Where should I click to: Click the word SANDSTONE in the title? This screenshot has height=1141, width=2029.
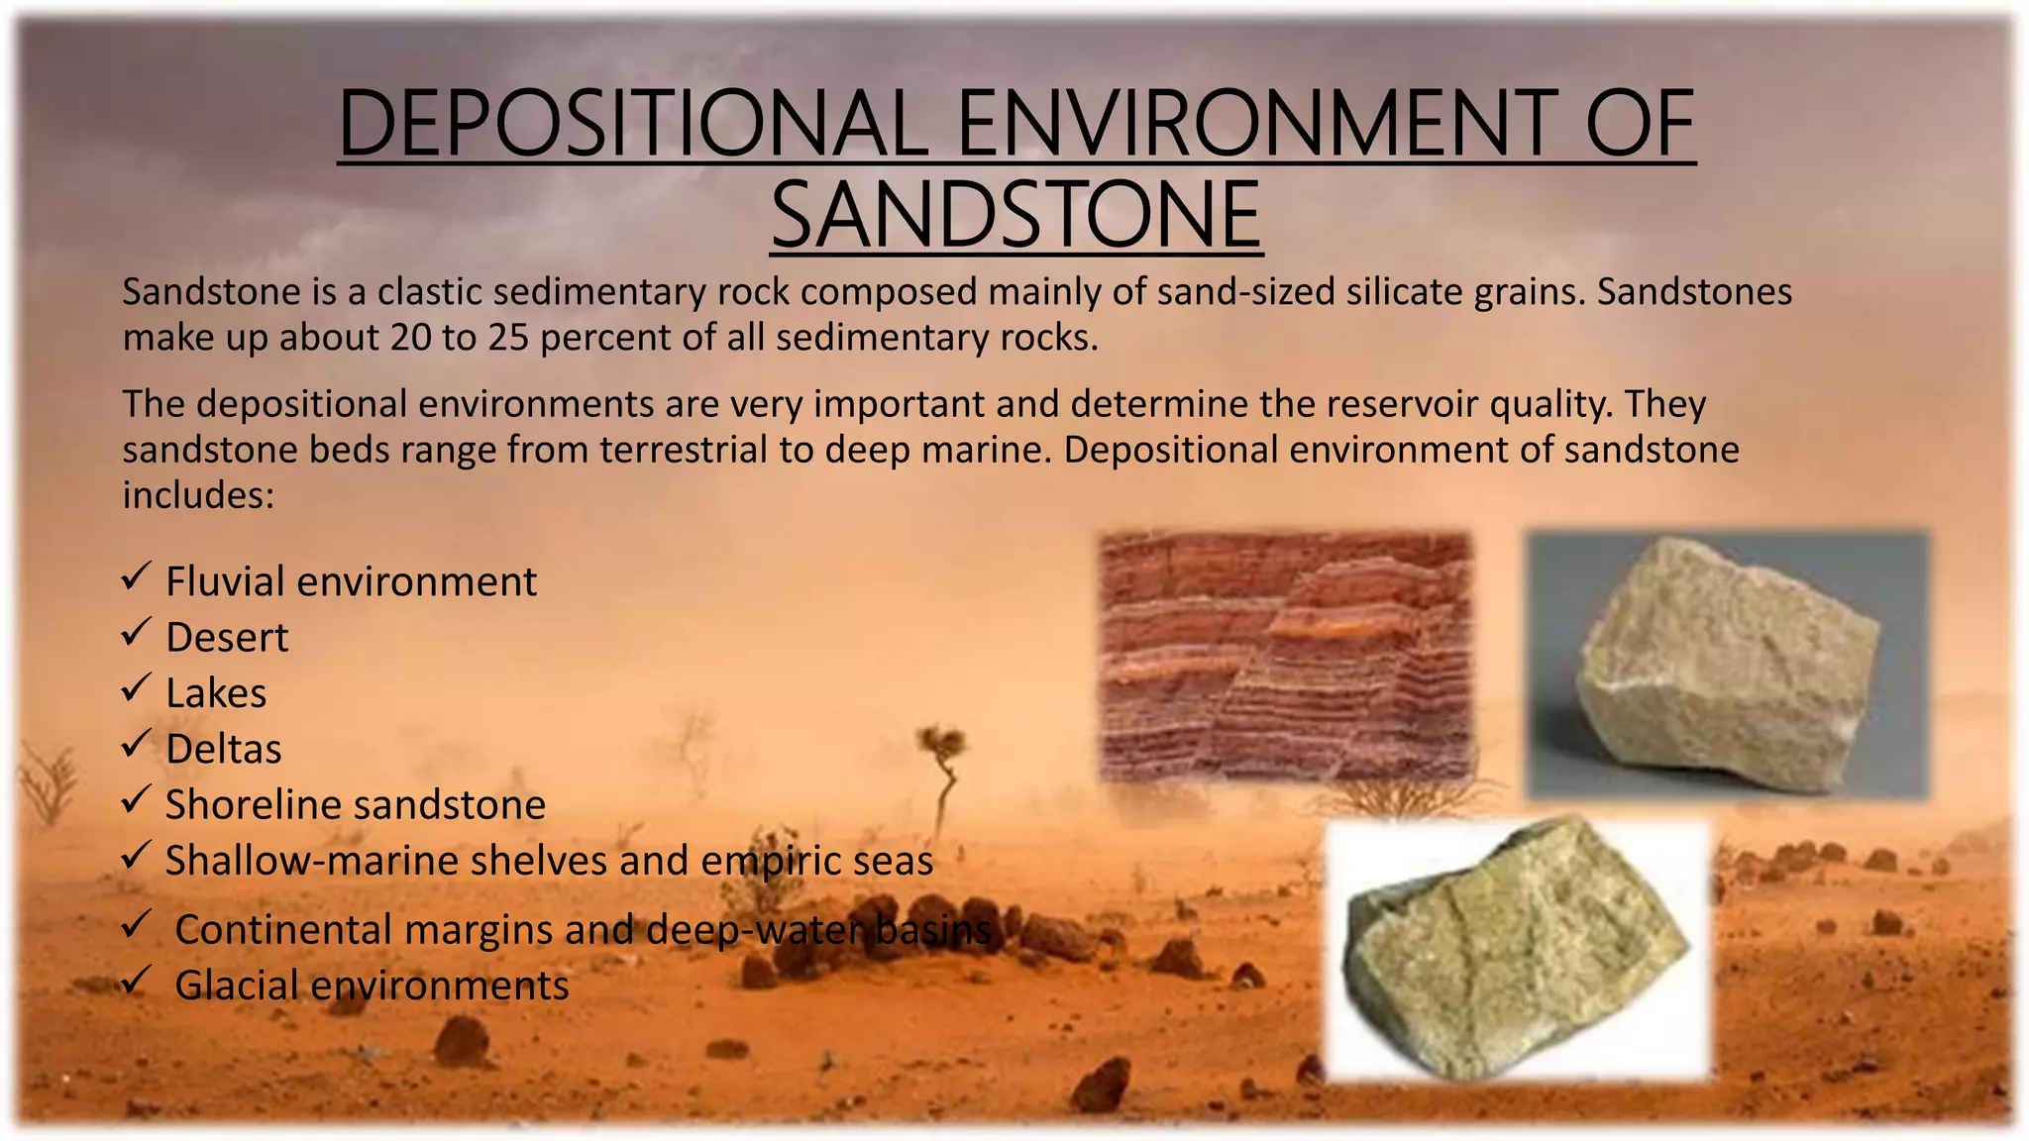click(x=1015, y=215)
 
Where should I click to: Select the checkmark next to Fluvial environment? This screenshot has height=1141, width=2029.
click(x=136, y=576)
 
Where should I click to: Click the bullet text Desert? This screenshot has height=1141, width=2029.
click(x=227, y=638)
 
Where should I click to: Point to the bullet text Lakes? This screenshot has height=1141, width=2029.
click(x=216, y=693)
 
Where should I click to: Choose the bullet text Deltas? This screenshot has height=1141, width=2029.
click(x=224, y=750)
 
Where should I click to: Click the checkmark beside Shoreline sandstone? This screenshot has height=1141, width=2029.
click(x=136, y=799)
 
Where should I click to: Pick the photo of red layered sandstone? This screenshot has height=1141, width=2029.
click(x=1286, y=657)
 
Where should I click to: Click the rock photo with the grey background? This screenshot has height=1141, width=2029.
click(x=1728, y=665)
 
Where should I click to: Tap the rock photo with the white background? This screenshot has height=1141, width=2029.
click(x=1518, y=949)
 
